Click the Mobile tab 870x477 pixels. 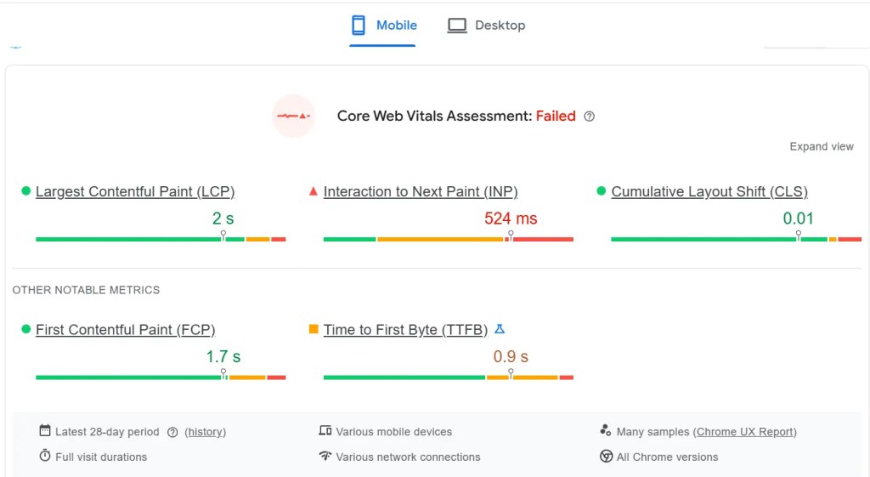tap(384, 26)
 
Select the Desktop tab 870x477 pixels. tap(487, 26)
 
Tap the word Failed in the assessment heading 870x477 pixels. tap(556, 116)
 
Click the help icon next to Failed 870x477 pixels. tap(590, 116)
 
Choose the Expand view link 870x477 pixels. tap(822, 146)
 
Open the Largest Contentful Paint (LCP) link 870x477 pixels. tap(135, 191)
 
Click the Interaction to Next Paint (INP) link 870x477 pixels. tap(421, 191)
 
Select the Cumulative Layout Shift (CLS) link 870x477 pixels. tap(709, 191)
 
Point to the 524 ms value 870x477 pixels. tap(511, 219)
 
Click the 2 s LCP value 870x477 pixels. tap(223, 219)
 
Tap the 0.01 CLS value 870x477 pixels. tap(799, 219)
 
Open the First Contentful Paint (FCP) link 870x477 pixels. tap(126, 330)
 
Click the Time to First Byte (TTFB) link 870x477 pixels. tap(405, 330)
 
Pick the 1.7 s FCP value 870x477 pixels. tap(223, 356)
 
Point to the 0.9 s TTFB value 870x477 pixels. tap(511, 356)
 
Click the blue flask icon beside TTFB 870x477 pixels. tap(500, 329)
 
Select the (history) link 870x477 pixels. tap(205, 432)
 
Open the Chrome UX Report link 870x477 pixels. tap(746, 432)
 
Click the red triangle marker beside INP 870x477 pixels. tap(314, 191)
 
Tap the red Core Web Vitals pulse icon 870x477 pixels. tap(293, 116)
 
